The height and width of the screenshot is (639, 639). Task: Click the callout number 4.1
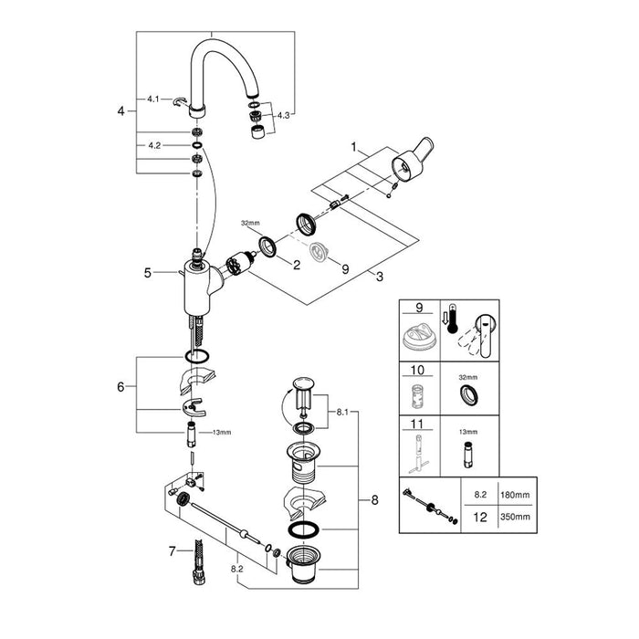(x=153, y=97)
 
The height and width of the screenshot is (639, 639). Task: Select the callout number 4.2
(x=153, y=145)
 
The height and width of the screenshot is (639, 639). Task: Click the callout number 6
(x=120, y=387)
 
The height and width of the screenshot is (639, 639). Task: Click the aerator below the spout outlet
(x=257, y=133)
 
